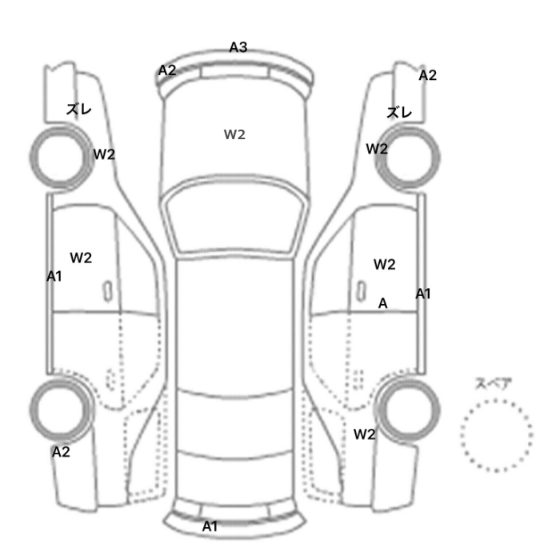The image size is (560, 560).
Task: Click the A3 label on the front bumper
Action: point(238,47)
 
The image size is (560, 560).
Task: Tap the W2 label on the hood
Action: point(234,134)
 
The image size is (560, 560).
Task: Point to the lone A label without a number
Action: point(383,303)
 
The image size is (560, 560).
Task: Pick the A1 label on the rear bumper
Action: point(210,526)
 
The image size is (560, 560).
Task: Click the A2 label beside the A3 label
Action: point(167,70)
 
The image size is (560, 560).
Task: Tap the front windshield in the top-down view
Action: point(234,215)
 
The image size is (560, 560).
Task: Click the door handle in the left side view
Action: point(107,291)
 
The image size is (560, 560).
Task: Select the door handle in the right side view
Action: point(362,291)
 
